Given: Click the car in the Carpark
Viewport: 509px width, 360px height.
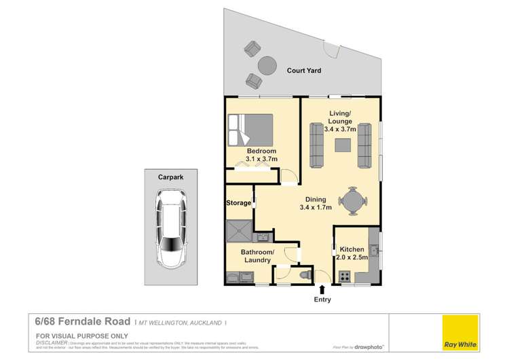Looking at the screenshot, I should (x=172, y=228).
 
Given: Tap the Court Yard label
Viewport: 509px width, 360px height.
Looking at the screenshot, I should (x=303, y=70).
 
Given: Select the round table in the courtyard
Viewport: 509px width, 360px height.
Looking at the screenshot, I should (x=267, y=65).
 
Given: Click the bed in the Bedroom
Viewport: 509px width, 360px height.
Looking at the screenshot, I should (x=251, y=129).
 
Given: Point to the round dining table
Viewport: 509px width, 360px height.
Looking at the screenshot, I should (x=353, y=202).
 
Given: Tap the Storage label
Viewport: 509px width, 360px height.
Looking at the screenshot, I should (x=238, y=202).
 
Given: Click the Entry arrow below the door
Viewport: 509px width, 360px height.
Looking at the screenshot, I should (x=322, y=289).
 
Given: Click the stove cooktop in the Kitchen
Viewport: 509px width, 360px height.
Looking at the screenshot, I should (x=344, y=276).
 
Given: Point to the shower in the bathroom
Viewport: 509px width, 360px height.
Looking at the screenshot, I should (x=239, y=230).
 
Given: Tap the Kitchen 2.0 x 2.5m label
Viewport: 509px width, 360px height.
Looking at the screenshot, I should (x=352, y=254).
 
